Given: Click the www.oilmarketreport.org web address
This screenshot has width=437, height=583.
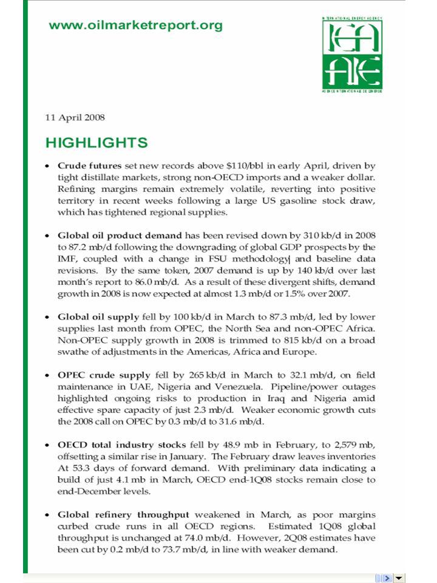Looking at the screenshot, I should coord(135,26).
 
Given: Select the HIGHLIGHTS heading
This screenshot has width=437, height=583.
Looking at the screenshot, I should coord(97,143).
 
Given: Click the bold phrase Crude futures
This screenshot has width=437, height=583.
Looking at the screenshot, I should coord(89,165).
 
